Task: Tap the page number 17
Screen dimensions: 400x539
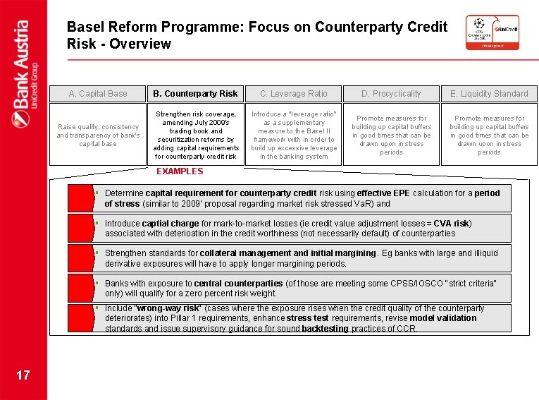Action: click(x=23, y=375)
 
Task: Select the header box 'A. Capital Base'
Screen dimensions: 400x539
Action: click(x=98, y=94)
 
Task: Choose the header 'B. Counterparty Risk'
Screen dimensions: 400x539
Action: click(x=196, y=94)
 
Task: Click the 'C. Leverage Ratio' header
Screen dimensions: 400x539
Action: click(x=293, y=94)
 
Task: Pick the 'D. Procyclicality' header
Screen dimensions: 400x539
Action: click(x=391, y=94)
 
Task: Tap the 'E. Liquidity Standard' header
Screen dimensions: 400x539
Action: click(x=489, y=94)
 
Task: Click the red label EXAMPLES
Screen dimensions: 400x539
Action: click(x=179, y=171)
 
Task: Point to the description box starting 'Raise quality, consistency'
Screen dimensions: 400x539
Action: click(x=98, y=135)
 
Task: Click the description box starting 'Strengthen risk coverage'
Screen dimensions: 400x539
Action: click(x=196, y=134)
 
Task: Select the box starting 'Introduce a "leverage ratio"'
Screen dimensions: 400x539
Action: click(x=293, y=134)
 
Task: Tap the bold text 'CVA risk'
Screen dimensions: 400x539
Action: click(x=451, y=224)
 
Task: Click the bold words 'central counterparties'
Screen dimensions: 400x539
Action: click(x=243, y=283)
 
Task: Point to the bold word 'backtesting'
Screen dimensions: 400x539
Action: click(x=325, y=329)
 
